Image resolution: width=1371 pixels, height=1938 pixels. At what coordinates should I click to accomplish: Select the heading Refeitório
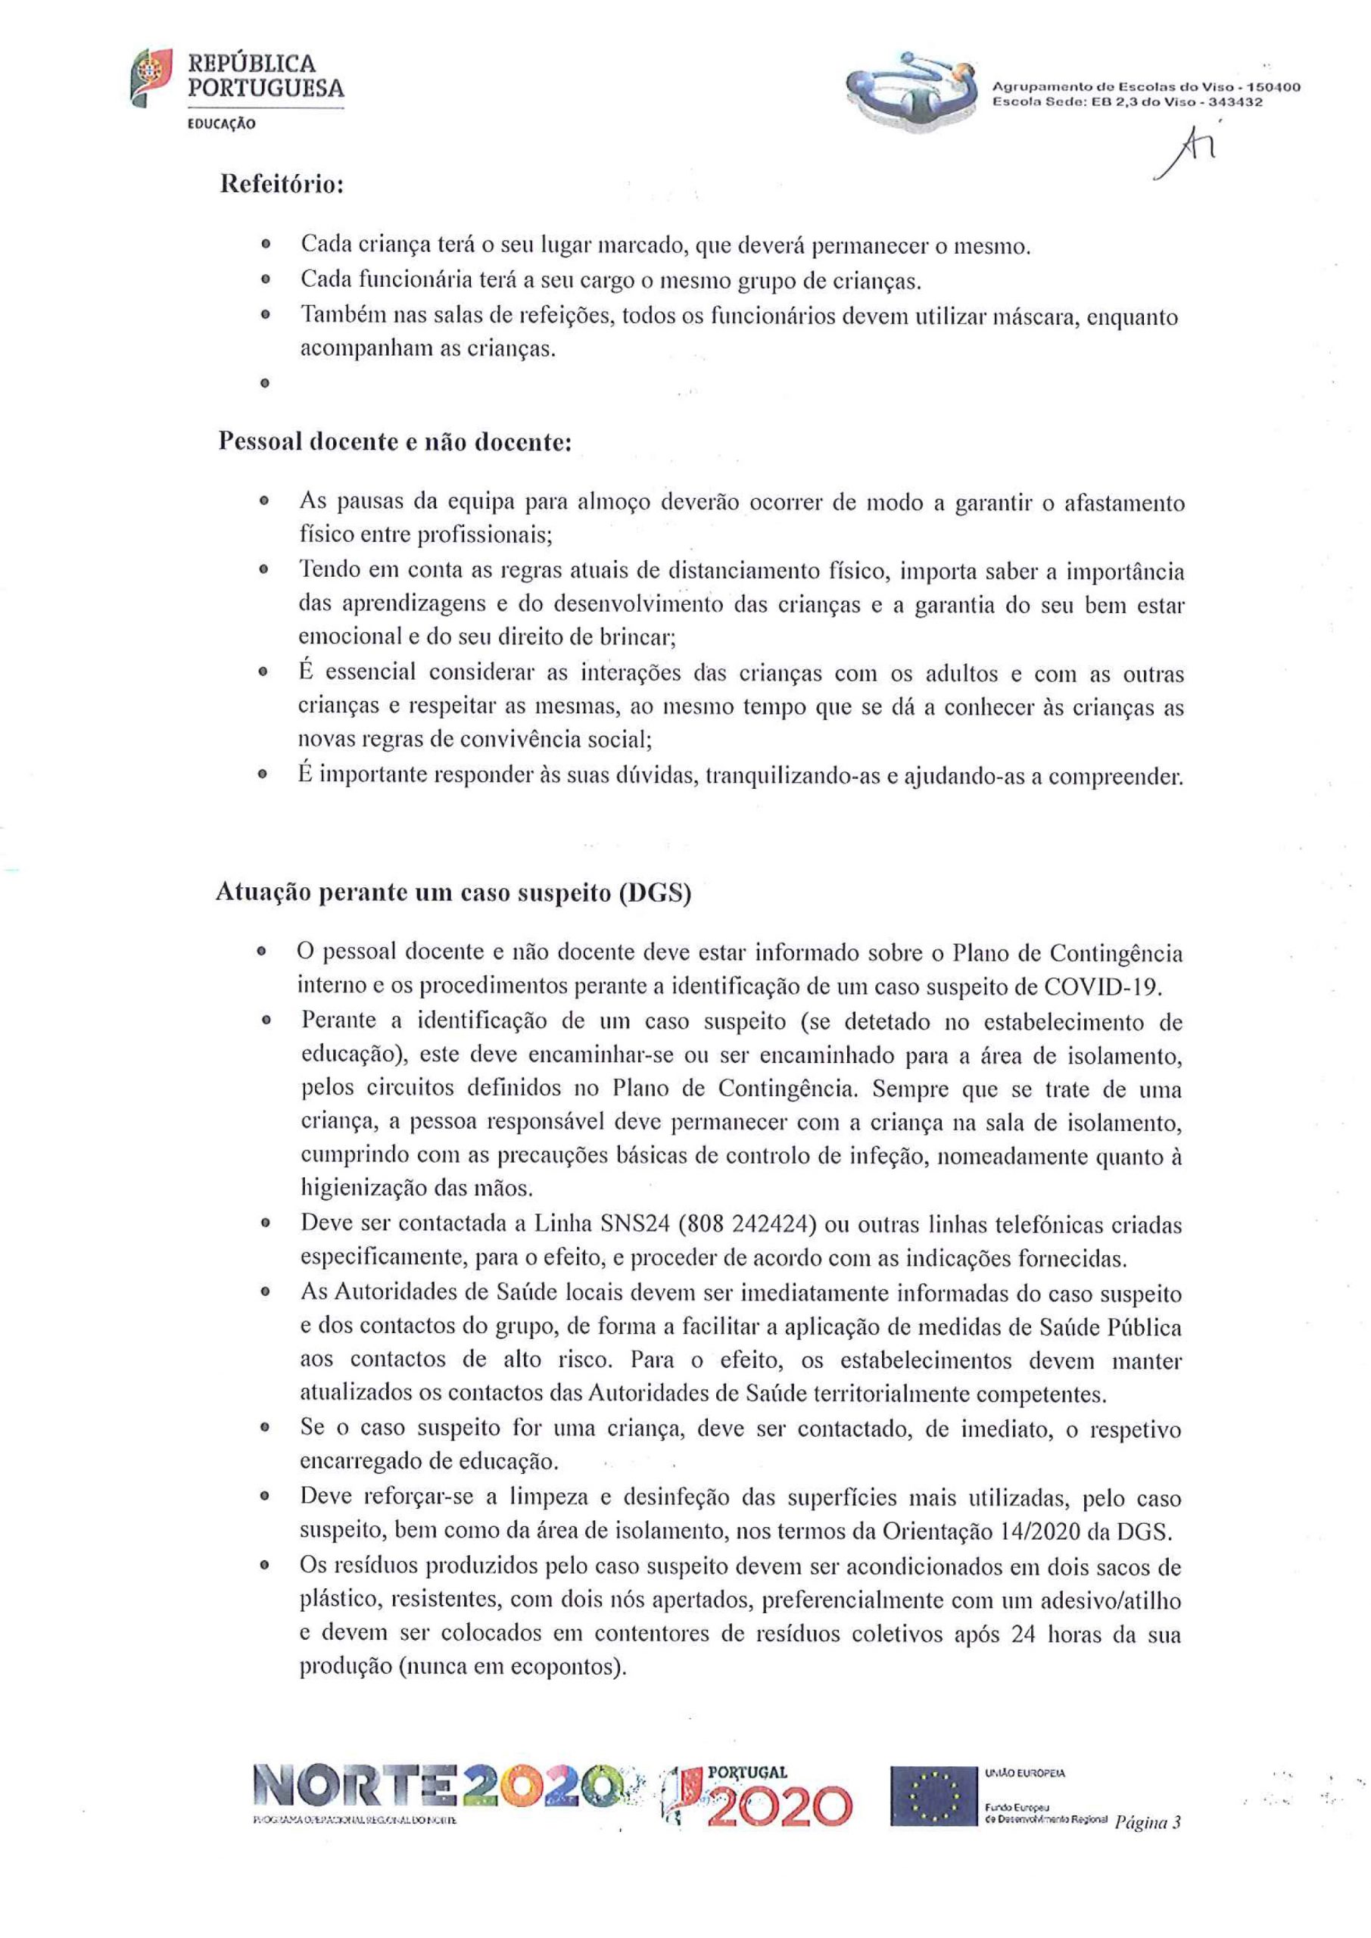[x=281, y=184]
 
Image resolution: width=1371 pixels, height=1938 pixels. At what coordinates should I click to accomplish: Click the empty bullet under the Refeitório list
[x=265, y=383]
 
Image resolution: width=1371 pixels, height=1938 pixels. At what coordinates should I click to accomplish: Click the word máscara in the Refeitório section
[x=1040, y=317]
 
